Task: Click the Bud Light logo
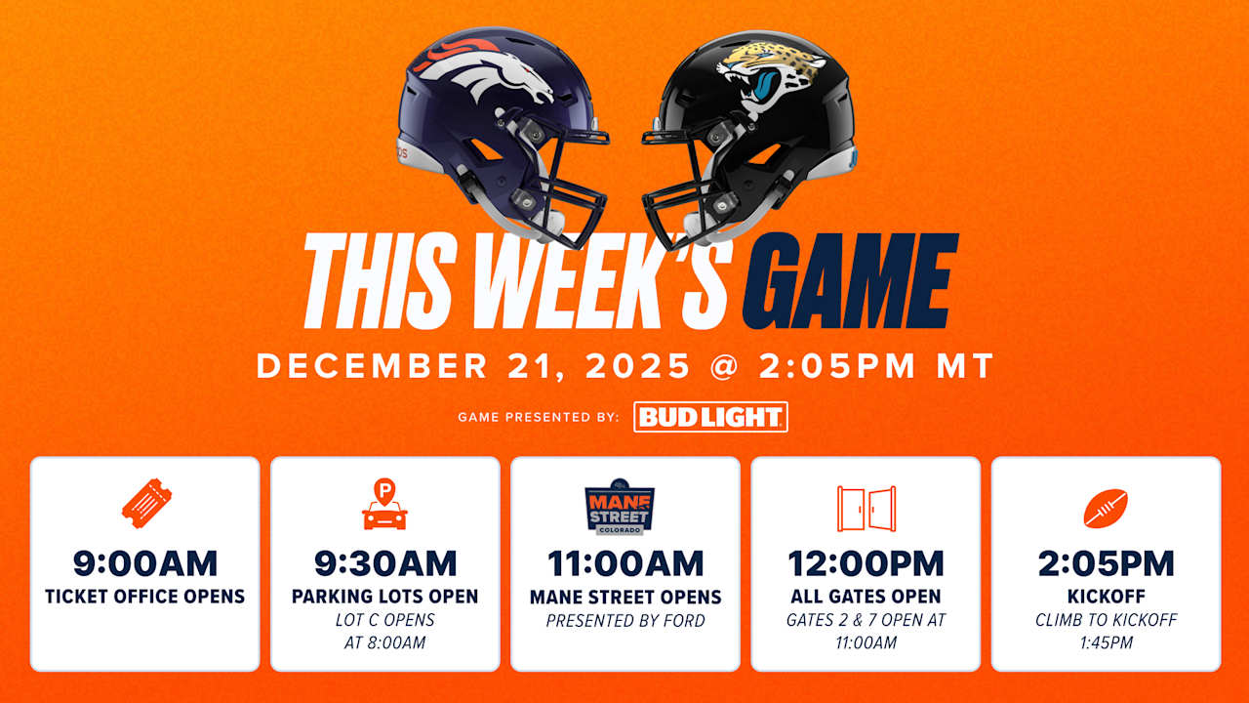pos(710,417)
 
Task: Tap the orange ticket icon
pos(145,505)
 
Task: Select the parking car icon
pos(384,506)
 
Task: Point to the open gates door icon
pos(866,508)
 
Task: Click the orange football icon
pos(1106,509)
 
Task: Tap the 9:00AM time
pos(145,563)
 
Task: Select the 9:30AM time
pos(385,563)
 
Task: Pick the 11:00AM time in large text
pos(625,563)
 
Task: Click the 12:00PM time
pos(866,563)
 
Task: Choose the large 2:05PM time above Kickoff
pos(1106,563)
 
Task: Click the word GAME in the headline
pos(851,281)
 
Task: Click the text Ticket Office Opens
pos(145,596)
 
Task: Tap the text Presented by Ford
pos(625,620)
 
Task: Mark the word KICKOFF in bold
pos(1106,596)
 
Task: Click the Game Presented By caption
pos(539,418)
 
